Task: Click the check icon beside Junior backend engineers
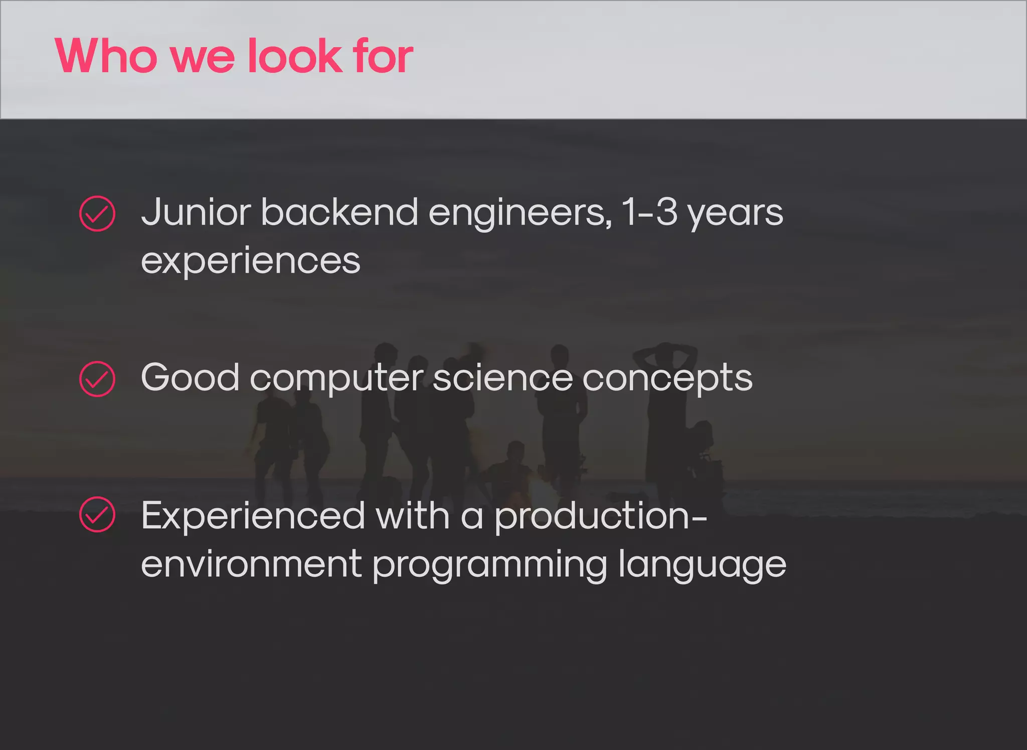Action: pyautogui.click(x=97, y=214)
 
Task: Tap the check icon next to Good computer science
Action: pyautogui.click(x=97, y=379)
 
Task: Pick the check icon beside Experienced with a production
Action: pyautogui.click(x=97, y=514)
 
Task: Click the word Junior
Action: pyautogui.click(x=196, y=213)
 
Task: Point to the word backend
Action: pyautogui.click(x=339, y=213)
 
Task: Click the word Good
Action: pyautogui.click(x=190, y=378)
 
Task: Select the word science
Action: pyautogui.click(x=502, y=378)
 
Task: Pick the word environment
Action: pyautogui.click(x=251, y=564)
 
